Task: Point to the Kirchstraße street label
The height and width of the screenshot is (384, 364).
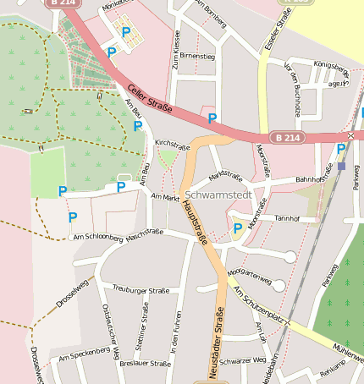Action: click(172, 145)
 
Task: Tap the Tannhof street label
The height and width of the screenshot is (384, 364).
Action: click(288, 218)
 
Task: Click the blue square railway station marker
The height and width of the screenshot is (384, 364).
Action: click(341, 166)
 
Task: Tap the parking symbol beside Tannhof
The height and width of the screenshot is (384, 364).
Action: click(237, 228)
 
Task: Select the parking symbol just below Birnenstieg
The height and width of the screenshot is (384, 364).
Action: click(212, 118)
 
